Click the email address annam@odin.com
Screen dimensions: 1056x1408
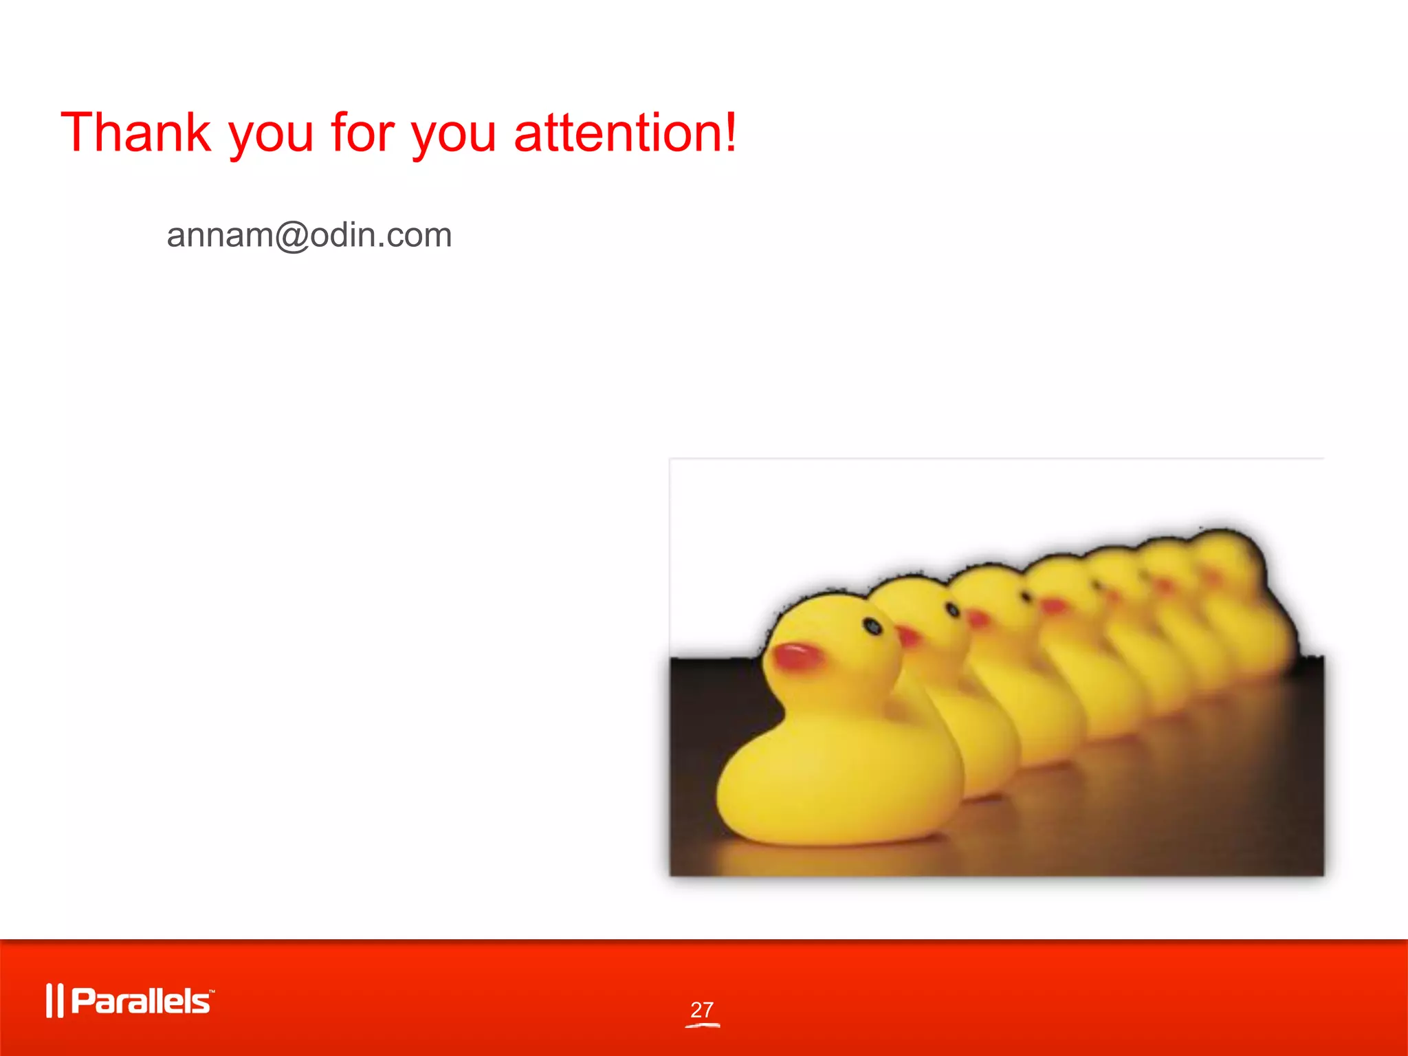point(309,235)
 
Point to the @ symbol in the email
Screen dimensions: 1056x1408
point(292,236)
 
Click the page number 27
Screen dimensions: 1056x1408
point(702,1009)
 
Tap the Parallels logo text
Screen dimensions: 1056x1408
point(141,1001)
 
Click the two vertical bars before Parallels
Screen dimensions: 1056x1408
point(54,1001)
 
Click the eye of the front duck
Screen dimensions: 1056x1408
point(872,626)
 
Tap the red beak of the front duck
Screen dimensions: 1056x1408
point(797,656)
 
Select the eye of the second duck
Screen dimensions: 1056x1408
point(953,609)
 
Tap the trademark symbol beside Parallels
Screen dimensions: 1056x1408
point(212,991)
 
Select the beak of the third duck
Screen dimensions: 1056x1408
point(978,619)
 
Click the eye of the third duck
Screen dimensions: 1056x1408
point(1026,597)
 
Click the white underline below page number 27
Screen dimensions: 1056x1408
point(702,1025)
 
